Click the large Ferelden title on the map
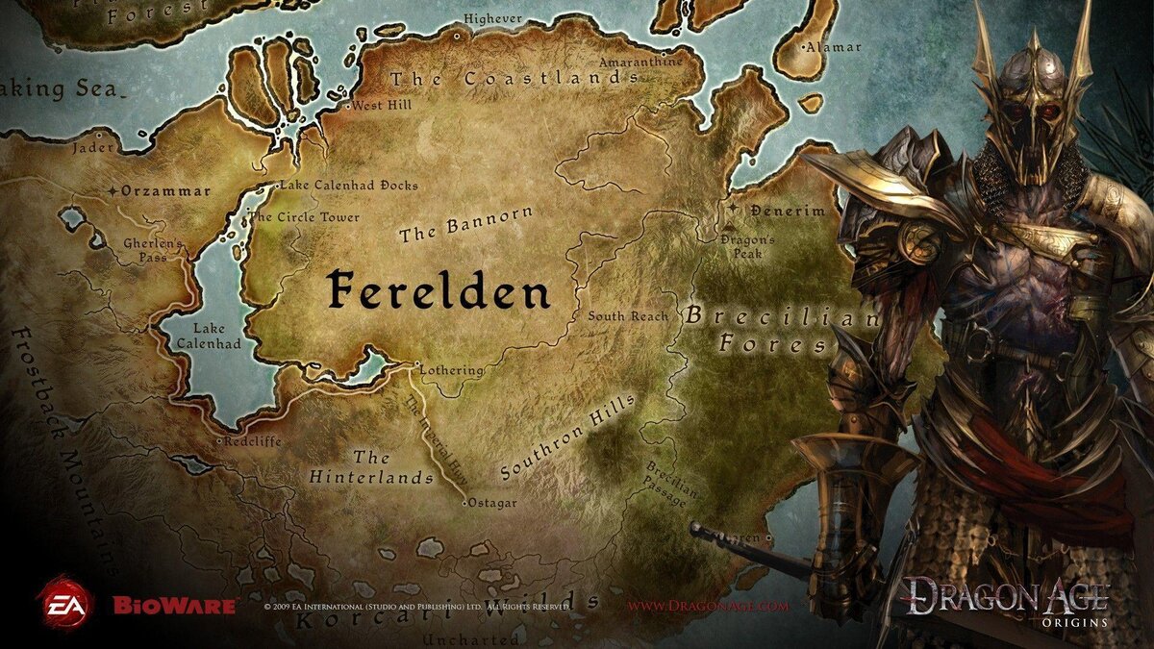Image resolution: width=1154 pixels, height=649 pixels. pyautogui.click(x=438, y=289)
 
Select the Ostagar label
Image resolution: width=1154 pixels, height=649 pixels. pyautogui.click(x=492, y=503)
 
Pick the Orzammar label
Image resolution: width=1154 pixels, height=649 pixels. pyautogui.click(x=165, y=190)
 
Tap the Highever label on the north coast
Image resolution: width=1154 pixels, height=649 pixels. pyautogui.click(x=492, y=18)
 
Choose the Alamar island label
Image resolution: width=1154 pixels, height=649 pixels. pyautogui.click(x=834, y=46)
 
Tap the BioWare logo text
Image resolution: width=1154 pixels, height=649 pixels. pyautogui.click(x=174, y=606)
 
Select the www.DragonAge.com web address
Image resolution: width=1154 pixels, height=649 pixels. pyautogui.click(x=708, y=607)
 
